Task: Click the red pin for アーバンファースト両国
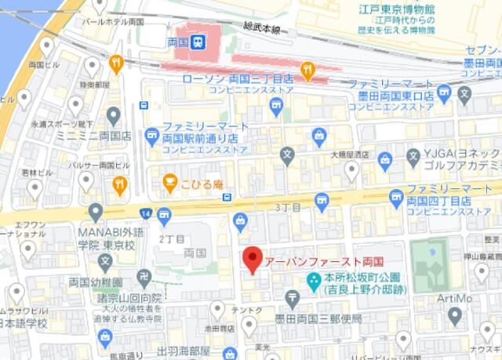[251, 259]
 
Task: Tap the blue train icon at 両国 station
[198, 42]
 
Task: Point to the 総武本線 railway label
[262, 28]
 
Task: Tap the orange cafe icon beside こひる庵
[169, 183]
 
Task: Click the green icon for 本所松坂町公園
[313, 279]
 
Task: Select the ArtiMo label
[455, 298]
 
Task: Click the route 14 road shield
[146, 213]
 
